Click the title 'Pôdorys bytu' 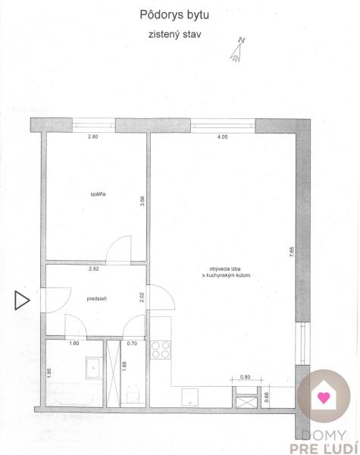coord(169,14)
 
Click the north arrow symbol coord(239,49)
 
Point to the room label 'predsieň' coord(97,299)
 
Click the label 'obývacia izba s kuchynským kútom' coord(226,273)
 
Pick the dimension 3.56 coord(142,201)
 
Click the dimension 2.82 coord(94,268)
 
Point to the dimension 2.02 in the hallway coord(142,297)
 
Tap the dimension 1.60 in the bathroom coord(74,344)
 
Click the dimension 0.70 coord(133,344)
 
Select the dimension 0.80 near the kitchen coord(245,378)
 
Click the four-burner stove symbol coord(161,350)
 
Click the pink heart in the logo coord(324,397)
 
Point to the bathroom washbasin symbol coord(92,366)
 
